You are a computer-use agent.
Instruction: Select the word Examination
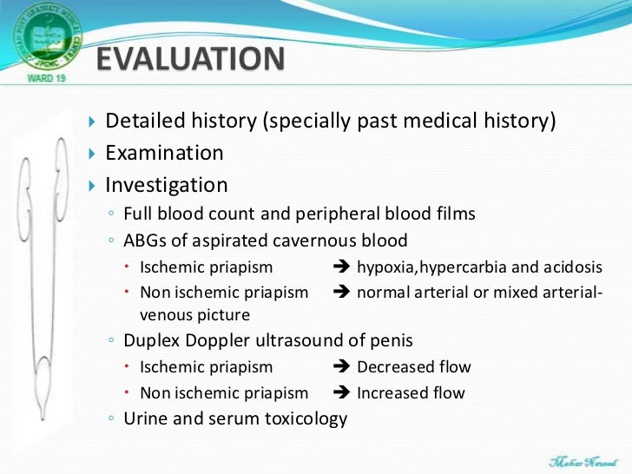click(x=164, y=154)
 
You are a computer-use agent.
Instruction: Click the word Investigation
click(x=167, y=186)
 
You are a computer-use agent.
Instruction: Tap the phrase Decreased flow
click(x=414, y=367)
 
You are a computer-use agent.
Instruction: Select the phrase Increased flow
click(x=411, y=393)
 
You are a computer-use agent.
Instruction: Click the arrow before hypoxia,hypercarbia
click(x=341, y=267)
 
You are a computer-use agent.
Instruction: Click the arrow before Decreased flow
click(x=341, y=367)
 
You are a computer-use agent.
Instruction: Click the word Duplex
click(x=152, y=341)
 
